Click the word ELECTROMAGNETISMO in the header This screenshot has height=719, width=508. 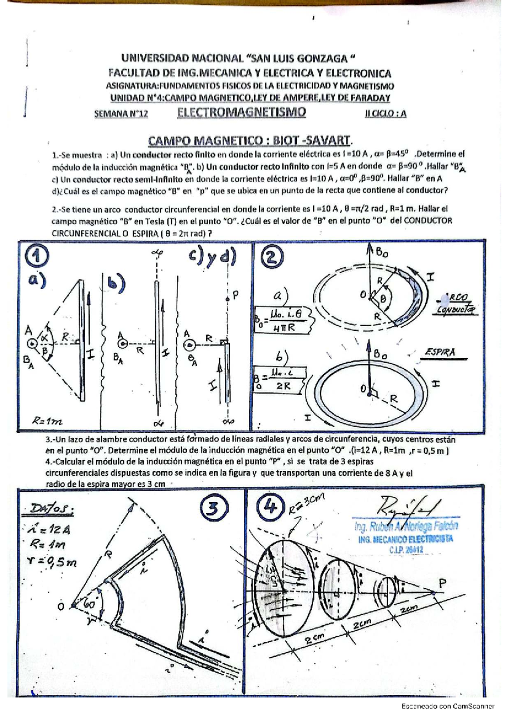241,112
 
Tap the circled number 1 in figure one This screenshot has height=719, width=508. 37,257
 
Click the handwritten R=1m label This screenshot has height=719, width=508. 47,421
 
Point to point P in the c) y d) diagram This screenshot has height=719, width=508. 228,299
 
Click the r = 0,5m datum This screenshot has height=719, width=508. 50,561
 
